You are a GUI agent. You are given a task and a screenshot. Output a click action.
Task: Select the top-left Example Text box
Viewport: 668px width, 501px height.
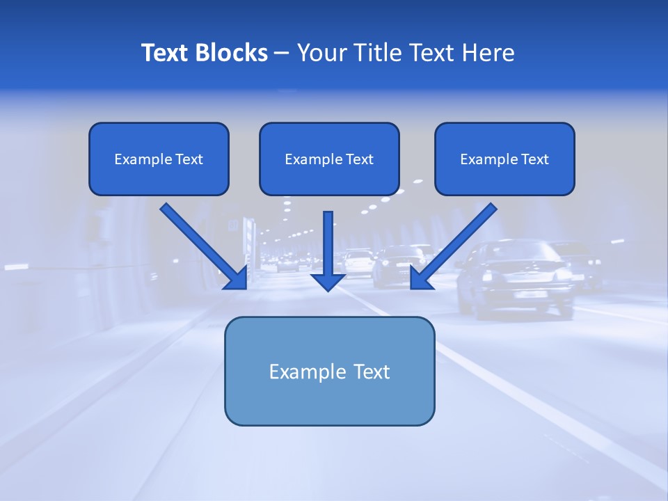[x=159, y=159]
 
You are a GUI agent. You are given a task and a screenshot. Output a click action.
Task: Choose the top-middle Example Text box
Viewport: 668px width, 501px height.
[x=329, y=159]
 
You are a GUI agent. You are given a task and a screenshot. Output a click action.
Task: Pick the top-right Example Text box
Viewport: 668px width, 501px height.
[x=504, y=159]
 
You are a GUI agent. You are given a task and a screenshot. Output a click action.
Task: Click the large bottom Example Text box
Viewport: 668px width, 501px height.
[x=329, y=371]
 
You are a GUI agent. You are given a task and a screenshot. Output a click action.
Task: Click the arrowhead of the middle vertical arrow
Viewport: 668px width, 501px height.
[x=328, y=281]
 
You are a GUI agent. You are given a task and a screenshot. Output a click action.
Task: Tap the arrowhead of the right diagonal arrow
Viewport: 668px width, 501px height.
[x=421, y=278]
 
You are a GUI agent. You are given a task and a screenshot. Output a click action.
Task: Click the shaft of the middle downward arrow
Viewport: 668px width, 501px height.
[x=328, y=240]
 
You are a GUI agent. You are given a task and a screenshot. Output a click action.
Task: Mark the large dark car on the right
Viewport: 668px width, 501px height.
[x=515, y=278]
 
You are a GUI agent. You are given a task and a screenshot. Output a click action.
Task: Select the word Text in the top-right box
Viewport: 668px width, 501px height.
[x=535, y=159]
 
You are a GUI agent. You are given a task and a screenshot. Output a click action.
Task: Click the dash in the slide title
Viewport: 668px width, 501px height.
[x=282, y=53]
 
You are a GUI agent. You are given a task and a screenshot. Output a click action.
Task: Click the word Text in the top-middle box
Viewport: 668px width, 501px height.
[x=360, y=159]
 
